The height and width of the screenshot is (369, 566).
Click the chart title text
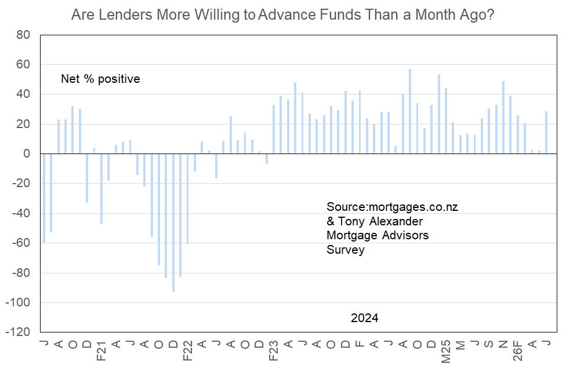coord(282,15)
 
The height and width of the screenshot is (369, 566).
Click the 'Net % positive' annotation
coord(100,79)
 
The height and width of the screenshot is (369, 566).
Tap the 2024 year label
coord(365,318)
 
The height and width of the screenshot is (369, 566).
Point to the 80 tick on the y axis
coord(23,35)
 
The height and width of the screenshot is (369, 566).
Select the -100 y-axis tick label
coord(17,302)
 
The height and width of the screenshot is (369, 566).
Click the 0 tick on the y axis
coord(27,154)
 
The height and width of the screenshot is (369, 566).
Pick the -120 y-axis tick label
coord(17,332)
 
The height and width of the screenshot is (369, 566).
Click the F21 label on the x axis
coord(101,350)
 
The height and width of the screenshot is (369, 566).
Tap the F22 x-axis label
coord(188,350)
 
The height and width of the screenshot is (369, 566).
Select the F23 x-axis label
coord(274,350)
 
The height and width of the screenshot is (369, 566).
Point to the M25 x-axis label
coord(446,352)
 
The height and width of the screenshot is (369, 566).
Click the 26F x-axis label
coord(518,350)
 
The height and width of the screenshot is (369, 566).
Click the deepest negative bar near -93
coord(173,222)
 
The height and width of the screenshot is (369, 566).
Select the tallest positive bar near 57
coord(410,111)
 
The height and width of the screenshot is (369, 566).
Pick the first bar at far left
coord(44,198)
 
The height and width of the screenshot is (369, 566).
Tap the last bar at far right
coord(546,133)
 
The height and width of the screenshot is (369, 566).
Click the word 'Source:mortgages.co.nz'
coord(393,207)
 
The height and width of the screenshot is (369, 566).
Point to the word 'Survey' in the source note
coord(346,250)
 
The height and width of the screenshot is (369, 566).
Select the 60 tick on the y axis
coord(23,64)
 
